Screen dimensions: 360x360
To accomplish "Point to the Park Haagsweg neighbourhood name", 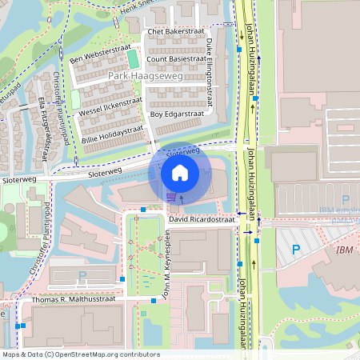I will click(x=145, y=76).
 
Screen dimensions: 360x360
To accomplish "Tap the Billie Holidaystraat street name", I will click(x=112, y=134).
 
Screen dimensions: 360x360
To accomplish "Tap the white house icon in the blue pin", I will click(x=180, y=172).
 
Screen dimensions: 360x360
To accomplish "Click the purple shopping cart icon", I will click(x=171, y=196).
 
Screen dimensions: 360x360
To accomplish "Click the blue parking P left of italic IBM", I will click(x=295, y=250).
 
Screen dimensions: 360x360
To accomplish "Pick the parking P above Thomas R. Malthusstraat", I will click(x=82, y=276).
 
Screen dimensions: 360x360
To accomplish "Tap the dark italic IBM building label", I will click(x=345, y=250).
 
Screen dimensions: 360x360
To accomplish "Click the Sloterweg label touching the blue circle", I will click(x=182, y=150).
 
